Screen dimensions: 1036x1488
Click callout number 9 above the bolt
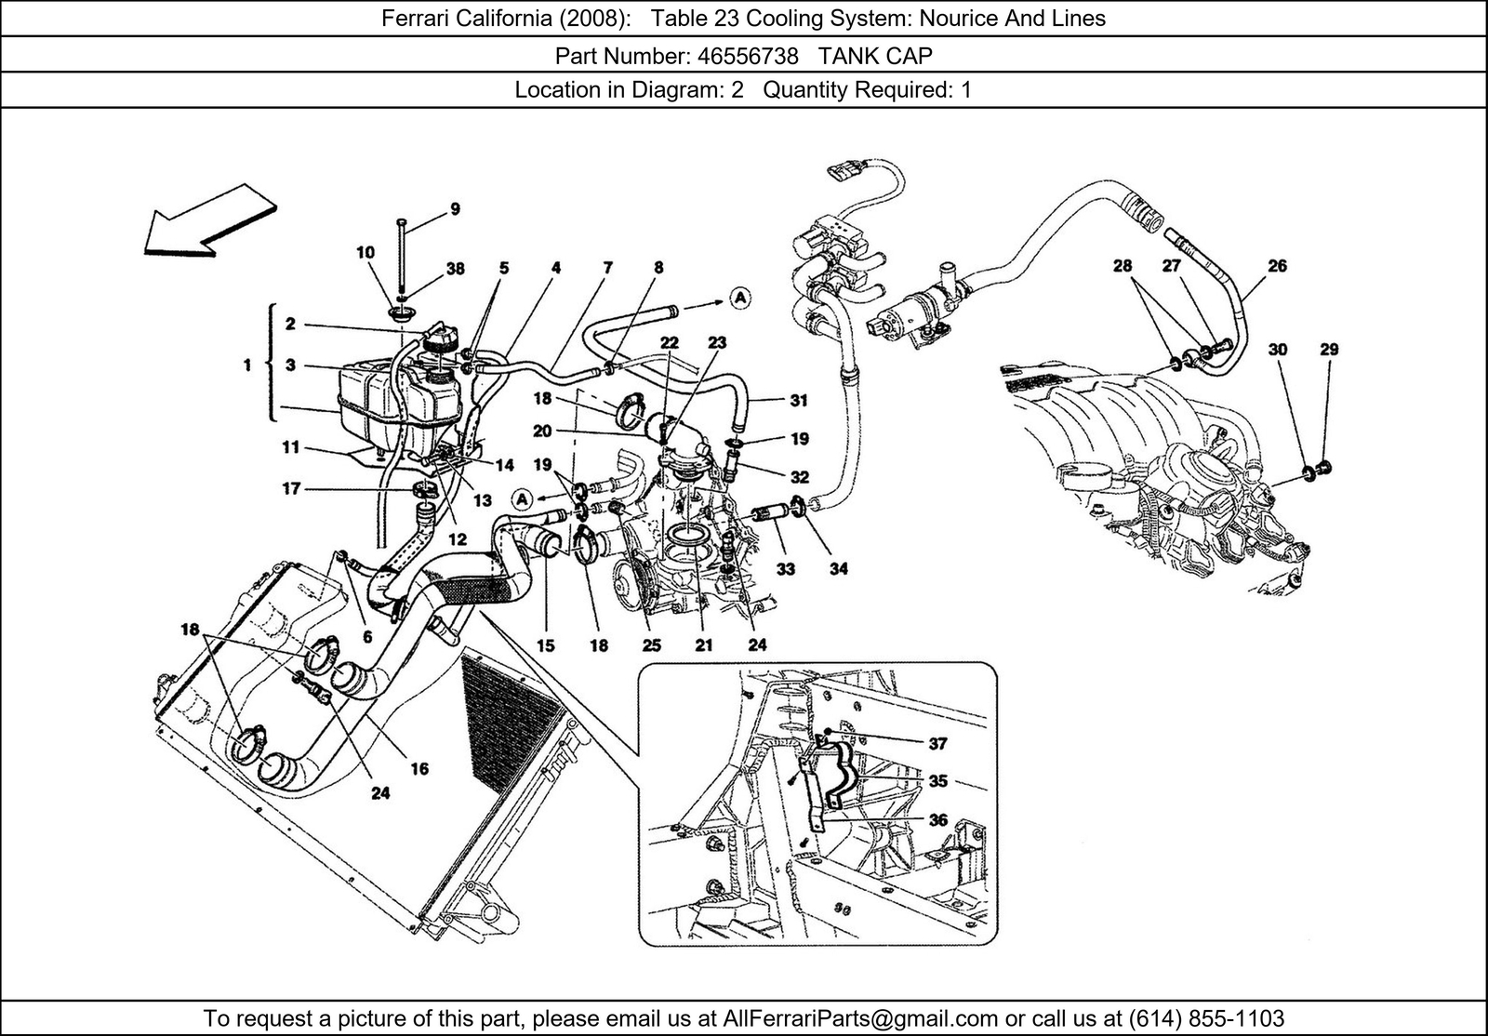click(455, 209)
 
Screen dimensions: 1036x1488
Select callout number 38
click(455, 269)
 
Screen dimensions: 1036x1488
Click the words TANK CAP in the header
click(875, 56)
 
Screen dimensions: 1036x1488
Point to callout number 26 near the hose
click(1277, 266)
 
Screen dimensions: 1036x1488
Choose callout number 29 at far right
click(1329, 350)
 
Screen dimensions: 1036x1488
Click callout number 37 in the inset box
click(937, 743)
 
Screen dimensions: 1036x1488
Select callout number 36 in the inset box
click(937, 819)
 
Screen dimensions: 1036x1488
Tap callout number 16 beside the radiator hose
click(419, 768)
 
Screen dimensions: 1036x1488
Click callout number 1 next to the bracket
click(247, 365)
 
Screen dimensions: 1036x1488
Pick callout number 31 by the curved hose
click(798, 401)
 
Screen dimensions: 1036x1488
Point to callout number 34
click(839, 568)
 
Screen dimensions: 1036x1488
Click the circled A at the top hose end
click(739, 299)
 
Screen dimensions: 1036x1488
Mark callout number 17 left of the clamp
click(291, 487)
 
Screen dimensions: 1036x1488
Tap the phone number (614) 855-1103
click(1206, 1017)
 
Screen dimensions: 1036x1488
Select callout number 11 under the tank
click(291, 447)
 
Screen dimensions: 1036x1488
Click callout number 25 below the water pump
click(651, 644)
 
